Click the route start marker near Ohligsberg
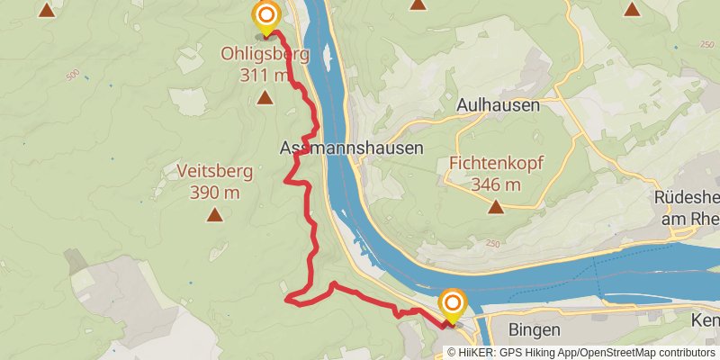(265, 16)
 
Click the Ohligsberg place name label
(265, 54)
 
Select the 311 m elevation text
(265, 75)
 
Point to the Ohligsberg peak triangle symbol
(265, 97)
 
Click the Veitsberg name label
(214, 170)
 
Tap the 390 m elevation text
(214, 192)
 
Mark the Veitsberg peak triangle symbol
(214, 214)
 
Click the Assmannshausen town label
(351, 148)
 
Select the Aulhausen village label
(498, 105)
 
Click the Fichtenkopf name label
(496, 164)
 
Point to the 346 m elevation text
(496, 184)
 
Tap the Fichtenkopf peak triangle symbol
(496, 208)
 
